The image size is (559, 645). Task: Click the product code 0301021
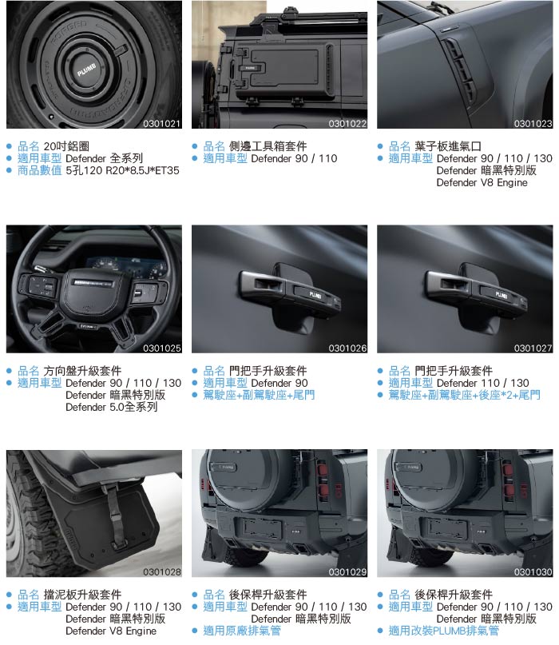(x=161, y=123)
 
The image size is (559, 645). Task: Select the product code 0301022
(x=347, y=123)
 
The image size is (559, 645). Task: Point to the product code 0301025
(x=161, y=348)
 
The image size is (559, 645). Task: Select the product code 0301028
(x=161, y=571)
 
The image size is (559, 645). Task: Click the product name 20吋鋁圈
(x=66, y=146)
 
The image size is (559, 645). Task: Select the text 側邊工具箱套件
(x=268, y=146)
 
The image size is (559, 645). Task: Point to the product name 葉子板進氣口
(x=448, y=146)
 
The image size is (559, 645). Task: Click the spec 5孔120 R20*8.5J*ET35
(x=122, y=170)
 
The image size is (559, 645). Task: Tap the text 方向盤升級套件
(x=82, y=371)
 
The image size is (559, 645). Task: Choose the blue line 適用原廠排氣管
(x=242, y=631)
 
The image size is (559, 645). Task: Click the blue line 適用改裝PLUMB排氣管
(x=444, y=631)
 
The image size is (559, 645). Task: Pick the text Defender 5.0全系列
(x=111, y=407)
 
